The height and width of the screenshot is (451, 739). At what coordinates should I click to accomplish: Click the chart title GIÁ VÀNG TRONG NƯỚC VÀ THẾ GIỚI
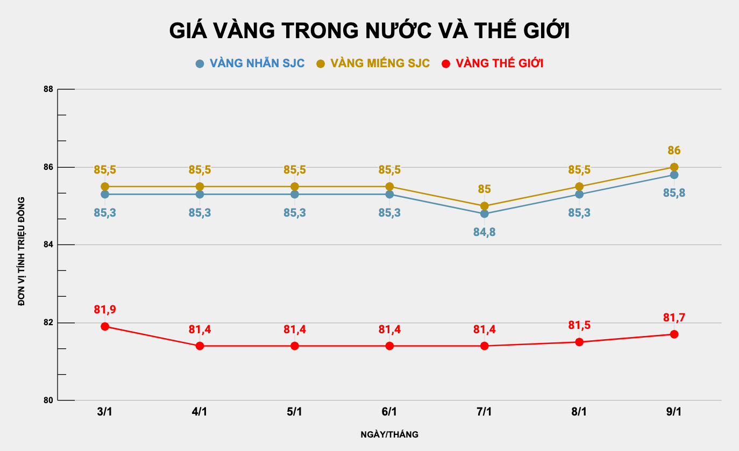(x=369, y=31)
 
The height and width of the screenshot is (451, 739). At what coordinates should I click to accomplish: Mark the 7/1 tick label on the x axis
(x=484, y=412)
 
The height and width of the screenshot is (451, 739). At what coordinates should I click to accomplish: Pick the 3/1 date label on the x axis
(x=105, y=412)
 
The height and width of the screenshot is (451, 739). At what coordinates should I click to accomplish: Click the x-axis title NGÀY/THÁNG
(x=389, y=434)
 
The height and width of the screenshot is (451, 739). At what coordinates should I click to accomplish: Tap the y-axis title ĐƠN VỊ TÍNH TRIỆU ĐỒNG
(x=22, y=252)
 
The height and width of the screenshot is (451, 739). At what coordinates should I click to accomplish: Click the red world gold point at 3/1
(x=105, y=326)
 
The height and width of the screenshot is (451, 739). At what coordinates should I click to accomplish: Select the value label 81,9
(x=105, y=310)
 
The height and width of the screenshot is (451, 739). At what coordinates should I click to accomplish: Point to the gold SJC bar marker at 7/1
(x=484, y=206)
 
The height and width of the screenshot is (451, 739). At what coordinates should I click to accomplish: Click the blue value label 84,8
(x=484, y=232)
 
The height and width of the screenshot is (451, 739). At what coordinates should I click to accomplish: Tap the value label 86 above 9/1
(x=674, y=151)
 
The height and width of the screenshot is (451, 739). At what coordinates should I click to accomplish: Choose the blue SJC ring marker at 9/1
(x=674, y=175)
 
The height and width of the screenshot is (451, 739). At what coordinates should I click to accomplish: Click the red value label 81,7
(x=674, y=318)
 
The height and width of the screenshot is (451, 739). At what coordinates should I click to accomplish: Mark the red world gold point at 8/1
(x=579, y=342)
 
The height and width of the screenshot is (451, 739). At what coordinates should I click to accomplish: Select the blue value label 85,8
(x=674, y=193)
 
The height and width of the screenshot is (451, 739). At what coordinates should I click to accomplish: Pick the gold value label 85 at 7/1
(x=484, y=189)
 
